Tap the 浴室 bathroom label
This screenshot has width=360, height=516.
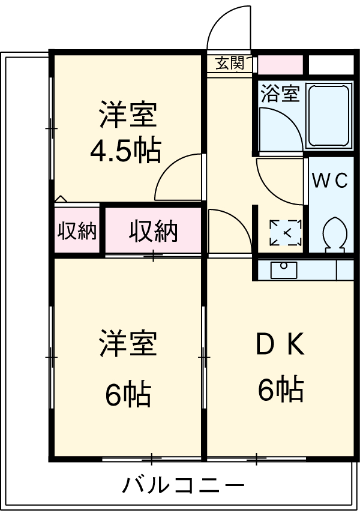(x=280, y=94)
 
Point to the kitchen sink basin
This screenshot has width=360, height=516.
(x=283, y=270)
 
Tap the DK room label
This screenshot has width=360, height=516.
(x=281, y=346)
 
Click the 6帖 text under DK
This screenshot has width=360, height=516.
(x=281, y=390)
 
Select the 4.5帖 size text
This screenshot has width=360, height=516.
(x=126, y=151)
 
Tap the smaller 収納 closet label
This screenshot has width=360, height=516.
(x=77, y=232)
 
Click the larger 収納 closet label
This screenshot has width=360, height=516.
(x=154, y=231)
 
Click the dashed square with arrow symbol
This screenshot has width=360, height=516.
(x=286, y=233)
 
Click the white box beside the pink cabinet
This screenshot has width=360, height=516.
(x=331, y=64)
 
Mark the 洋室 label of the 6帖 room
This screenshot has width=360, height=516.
(x=128, y=343)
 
